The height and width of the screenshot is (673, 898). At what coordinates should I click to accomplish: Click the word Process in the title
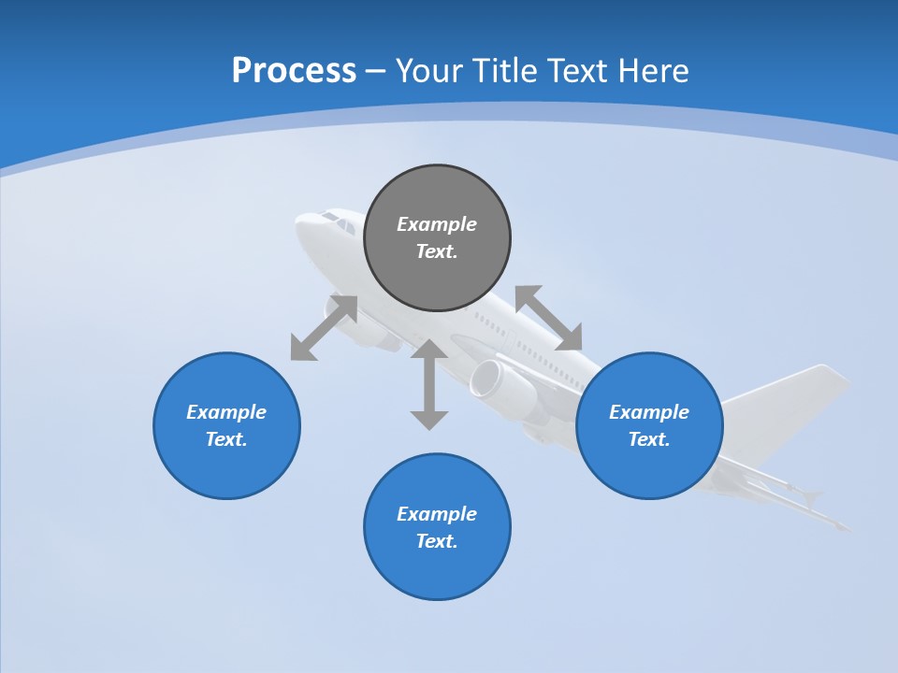(x=294, y=71)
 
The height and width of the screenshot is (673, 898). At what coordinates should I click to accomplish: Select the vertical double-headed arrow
(x=429, y=384)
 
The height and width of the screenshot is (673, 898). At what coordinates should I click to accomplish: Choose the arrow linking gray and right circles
(x=548, y=318)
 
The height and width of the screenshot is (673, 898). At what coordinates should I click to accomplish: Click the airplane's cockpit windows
(x=337, y=221)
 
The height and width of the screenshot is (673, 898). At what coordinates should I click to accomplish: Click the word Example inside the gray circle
(x=437, y=224)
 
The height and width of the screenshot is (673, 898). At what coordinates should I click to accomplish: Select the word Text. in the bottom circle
(x=437, y=541)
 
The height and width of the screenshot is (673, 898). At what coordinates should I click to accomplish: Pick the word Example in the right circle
(x=649, y=412)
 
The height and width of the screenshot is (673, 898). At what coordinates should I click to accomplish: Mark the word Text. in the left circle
(x=226, y=439)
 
